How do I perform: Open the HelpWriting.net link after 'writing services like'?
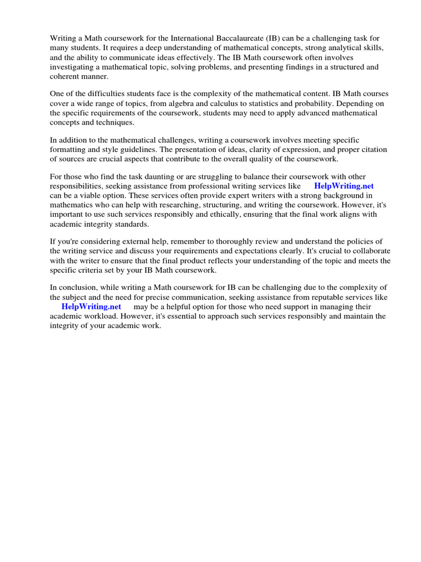click(x=344, y=186)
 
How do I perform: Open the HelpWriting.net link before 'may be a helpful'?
click(x=91, y=306)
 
